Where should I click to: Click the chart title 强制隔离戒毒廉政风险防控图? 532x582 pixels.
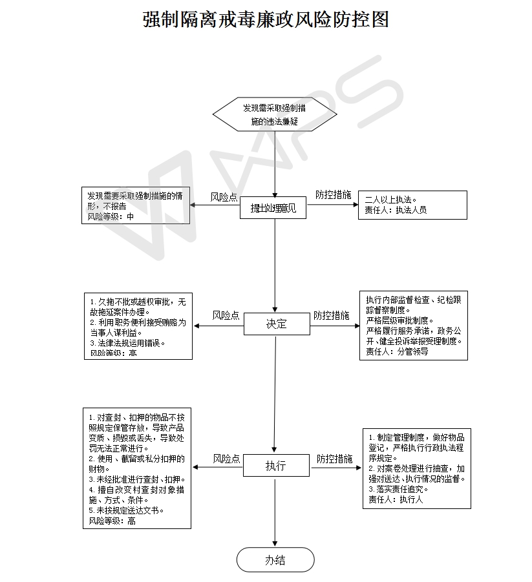[x=266, y=19]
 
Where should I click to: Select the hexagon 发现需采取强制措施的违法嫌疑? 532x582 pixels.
[x=275, y=114]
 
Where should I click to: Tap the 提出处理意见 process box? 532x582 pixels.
[x=275, y=208]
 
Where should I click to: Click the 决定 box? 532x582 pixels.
[x=275, y=324]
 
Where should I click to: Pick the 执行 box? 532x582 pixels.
[x=275, y=466]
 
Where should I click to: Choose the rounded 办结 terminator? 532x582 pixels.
[x=275, y=560]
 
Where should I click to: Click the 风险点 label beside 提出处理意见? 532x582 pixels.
[x=224, y=197]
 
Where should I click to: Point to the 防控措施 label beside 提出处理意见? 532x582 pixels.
[x=333, y=194]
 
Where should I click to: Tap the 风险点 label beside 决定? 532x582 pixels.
[x=226, y=315]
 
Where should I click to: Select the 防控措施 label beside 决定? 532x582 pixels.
[x=332, y=315]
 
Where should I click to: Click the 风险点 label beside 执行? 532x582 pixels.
[x=227, y=459]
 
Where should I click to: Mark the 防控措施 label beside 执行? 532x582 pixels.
[x=335, y=459]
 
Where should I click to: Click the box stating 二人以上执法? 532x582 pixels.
[x=412, y=205]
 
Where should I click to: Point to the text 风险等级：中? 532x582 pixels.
[x=111, y=216]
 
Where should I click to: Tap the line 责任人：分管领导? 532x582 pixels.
[x=397, y=352]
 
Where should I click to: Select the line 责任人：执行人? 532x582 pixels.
[x=395, y=499]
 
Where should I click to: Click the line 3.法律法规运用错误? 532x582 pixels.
[x=127, y=343]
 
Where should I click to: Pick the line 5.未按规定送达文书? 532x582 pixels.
[x=126, y=510]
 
